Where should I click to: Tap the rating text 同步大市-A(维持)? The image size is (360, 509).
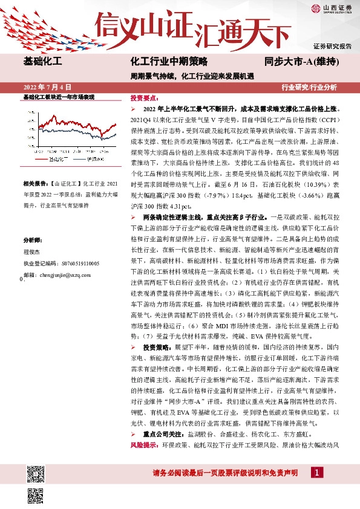tap(301, 62)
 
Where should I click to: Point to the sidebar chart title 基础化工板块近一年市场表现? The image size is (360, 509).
tap(59, 97)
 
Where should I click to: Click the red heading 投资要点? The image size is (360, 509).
tap(145, 97)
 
